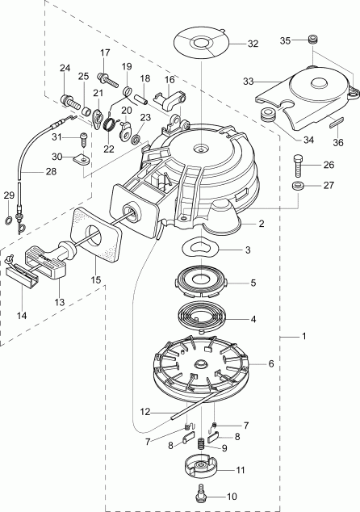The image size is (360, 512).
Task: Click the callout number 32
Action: tap(253, 44)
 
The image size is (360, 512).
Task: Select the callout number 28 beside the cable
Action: tap(28, 171)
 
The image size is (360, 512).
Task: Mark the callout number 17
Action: tap(104, 52)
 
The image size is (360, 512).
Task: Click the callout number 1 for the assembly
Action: tap(302, 336)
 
